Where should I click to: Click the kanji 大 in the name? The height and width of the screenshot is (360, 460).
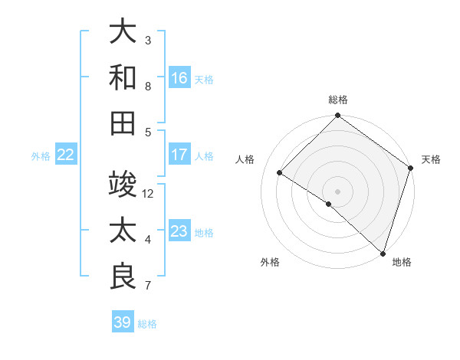tap(123, 32)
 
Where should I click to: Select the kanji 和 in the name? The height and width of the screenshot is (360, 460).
tap(123, 77)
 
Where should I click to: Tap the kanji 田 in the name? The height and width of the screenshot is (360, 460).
tap(123, 123)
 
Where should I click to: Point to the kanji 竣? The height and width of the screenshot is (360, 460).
tap(123, 185)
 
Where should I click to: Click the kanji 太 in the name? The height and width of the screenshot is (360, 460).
tap(123, 231)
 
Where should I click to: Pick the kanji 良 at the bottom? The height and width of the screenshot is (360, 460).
tap(123, 276)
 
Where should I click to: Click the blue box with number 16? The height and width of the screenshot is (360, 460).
tap(179, 77)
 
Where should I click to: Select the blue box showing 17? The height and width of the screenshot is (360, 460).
tap(179, 155)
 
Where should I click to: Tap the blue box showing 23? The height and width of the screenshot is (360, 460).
tap(179, 231)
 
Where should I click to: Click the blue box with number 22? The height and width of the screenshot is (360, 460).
tap(66, 155)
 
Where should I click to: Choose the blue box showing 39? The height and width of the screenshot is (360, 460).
tap(123, 322)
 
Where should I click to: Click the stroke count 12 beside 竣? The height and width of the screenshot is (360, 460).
tap(149, 194)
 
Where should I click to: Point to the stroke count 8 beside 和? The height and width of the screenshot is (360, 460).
tap(148, 87)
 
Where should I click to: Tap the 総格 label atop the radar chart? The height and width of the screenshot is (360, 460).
tap(337, 100)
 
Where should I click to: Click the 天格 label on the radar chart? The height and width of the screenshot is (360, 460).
tap(431, 159)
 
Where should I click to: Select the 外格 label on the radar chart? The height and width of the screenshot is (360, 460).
tap(270, 262)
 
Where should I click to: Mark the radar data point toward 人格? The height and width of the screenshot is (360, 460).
tap(280, 173)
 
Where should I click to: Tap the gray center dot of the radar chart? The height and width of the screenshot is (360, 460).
tap(337, 191)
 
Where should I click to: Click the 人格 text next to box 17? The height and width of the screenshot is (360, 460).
tap(204, 155)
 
